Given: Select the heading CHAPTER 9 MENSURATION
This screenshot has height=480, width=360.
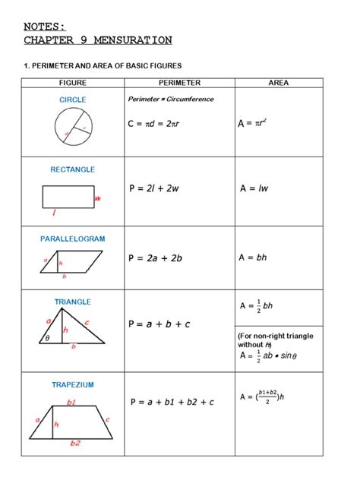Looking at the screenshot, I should pyautogui.click(x=98, y=40).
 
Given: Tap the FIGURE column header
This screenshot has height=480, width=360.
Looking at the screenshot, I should pyautogui.click(x=73, y=82).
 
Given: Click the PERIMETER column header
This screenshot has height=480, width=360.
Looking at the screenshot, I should pyautogui.click(x=179, y=82).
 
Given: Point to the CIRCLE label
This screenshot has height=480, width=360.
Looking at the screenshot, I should pyautogui.click(x=73, y=99).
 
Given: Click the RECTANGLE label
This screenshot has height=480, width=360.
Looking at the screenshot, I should pyautogui.click(x=73, y=169).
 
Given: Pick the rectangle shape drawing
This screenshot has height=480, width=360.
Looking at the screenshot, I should pyautogui.click(x=68, y=197).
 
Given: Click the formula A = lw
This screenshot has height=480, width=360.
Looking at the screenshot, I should pyautogui.click(x=255, y=188).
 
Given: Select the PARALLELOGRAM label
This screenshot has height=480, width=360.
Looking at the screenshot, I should pyautogui.click(x=73, y=238).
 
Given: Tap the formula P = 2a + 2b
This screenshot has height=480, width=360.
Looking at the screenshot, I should pyautogui.click(x=156, y=258).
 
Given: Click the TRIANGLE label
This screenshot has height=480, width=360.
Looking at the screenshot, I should pyautogui.click(x=73, y=302).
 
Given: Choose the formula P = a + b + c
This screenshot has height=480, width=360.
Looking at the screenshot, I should pyautogui.click(x=159, y=324).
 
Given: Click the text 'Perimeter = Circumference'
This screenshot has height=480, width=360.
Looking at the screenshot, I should pyautogui.click(x=171, y=99).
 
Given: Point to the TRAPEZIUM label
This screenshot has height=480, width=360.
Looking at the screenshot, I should pyautogui.click(x=73, y=384).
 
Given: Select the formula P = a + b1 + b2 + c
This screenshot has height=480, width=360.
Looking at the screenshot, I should pyautogui.click(x=172, y=402).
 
